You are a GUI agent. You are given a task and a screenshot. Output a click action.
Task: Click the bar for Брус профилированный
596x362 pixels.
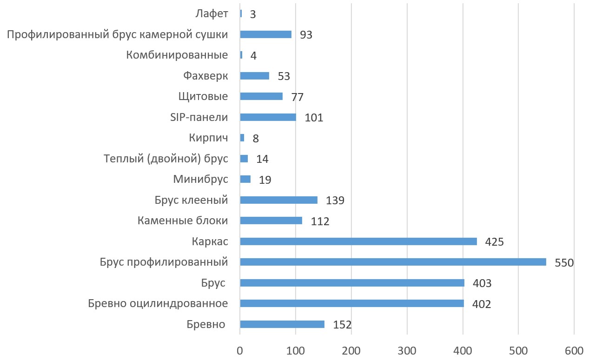pos(393,262)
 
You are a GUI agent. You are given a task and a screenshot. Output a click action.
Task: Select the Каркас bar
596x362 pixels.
pos(358,241)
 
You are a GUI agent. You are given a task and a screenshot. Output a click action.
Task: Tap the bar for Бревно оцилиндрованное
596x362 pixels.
pos(351,303)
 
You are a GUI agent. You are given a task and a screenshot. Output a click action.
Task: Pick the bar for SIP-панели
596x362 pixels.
pos(268,117)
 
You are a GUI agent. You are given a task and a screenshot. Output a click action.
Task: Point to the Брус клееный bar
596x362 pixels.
pos(278,200)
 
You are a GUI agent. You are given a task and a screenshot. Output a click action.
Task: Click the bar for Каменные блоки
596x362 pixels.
pos(271,221)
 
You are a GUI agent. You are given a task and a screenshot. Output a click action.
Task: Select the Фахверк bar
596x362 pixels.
pos(254,76)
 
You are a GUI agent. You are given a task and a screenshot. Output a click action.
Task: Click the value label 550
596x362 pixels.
pos(564,263)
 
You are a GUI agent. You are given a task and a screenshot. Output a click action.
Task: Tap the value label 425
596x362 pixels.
pos(495,242)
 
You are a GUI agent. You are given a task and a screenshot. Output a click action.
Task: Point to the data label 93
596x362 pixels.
pos(306,35)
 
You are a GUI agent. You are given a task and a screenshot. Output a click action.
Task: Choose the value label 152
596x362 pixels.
pos(342,325)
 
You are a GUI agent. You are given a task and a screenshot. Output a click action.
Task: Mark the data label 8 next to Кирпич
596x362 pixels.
pos(255,138)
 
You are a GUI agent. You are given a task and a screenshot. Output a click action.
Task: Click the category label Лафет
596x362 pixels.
pos(212,13)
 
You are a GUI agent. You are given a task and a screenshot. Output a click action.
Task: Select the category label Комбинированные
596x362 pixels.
pos(177,55)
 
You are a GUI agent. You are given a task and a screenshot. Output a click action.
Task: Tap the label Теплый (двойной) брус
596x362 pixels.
pos(166,159)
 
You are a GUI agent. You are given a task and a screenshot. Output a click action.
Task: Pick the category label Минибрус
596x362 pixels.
pos(200,179)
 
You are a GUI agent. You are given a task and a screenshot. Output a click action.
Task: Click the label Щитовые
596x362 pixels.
pos(203,96)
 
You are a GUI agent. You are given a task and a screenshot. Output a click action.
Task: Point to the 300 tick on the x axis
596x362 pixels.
pos(407,350)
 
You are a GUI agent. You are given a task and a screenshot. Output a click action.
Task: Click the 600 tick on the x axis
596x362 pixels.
pos(574,350)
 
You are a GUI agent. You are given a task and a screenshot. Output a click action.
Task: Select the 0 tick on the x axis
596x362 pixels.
pos(240,350)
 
